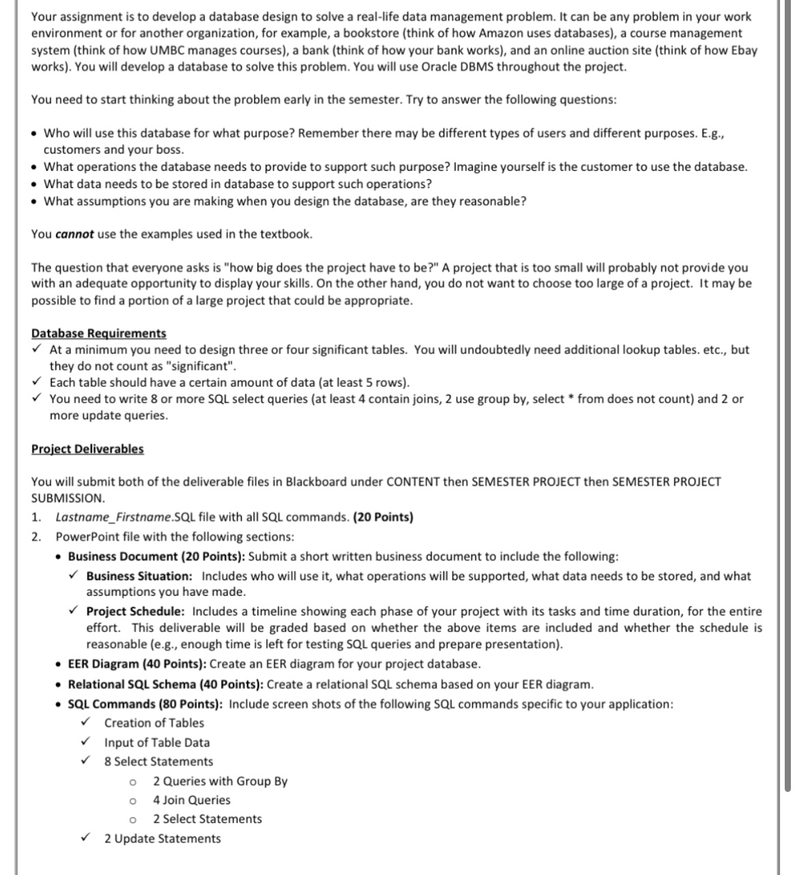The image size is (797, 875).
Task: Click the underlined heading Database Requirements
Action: click(x=99, y=333)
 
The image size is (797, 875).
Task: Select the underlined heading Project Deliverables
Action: click(x=87, y=449)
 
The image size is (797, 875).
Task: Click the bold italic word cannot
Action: click(x=74, y=234)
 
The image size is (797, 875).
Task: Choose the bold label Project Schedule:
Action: click(x=135, y=611)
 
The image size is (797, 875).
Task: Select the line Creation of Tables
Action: click(x=154, y=723)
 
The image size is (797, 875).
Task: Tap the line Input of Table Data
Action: click(x=157, y=742)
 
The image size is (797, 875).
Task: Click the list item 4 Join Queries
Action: click(x=191, y=800)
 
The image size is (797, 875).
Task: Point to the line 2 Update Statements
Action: click(x=162, y=838)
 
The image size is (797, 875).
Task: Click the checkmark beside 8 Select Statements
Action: click(x=85, y=761)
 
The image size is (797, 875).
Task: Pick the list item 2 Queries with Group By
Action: click(x=220, y=781)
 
